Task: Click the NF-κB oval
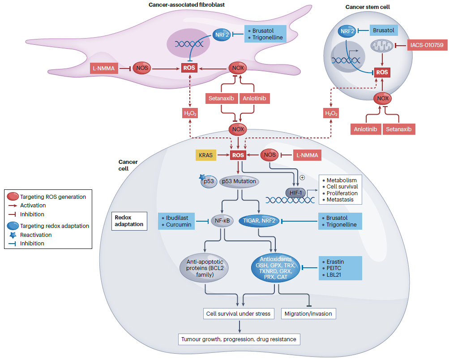223,220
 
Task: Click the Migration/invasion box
308,313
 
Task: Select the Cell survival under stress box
238,313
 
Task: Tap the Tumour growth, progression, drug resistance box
239,339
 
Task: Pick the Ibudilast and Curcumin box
176,221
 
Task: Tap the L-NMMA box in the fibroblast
103,69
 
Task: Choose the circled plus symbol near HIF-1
302,177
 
